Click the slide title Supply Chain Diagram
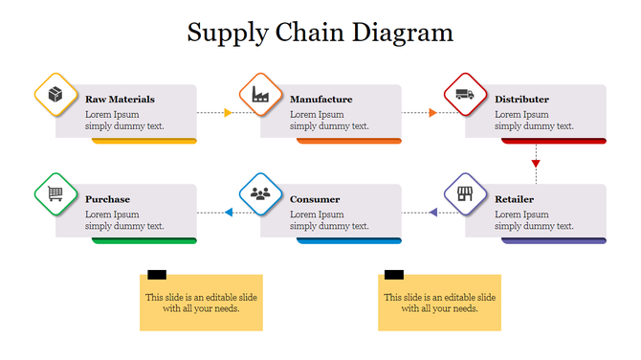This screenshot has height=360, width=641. [320, 33]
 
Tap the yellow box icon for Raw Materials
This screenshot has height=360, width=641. [55, 94]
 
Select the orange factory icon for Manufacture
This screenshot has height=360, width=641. [260, 94]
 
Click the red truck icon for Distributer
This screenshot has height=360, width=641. [465, 94]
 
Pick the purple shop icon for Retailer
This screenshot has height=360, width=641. [465, 194]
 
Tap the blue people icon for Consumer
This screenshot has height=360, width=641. [260, 194]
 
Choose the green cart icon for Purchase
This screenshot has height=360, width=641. [55, 194]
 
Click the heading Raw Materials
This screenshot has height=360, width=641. [120, 99]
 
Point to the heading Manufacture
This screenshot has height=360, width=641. [320, 99]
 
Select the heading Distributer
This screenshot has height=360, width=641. [521, 99]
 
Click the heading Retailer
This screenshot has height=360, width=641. [514, 199]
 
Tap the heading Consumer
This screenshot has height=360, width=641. [315, 199]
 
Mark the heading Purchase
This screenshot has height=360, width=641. [107, 199]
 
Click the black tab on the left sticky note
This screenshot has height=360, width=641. [157, 275]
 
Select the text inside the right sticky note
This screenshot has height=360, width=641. [439, 303]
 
